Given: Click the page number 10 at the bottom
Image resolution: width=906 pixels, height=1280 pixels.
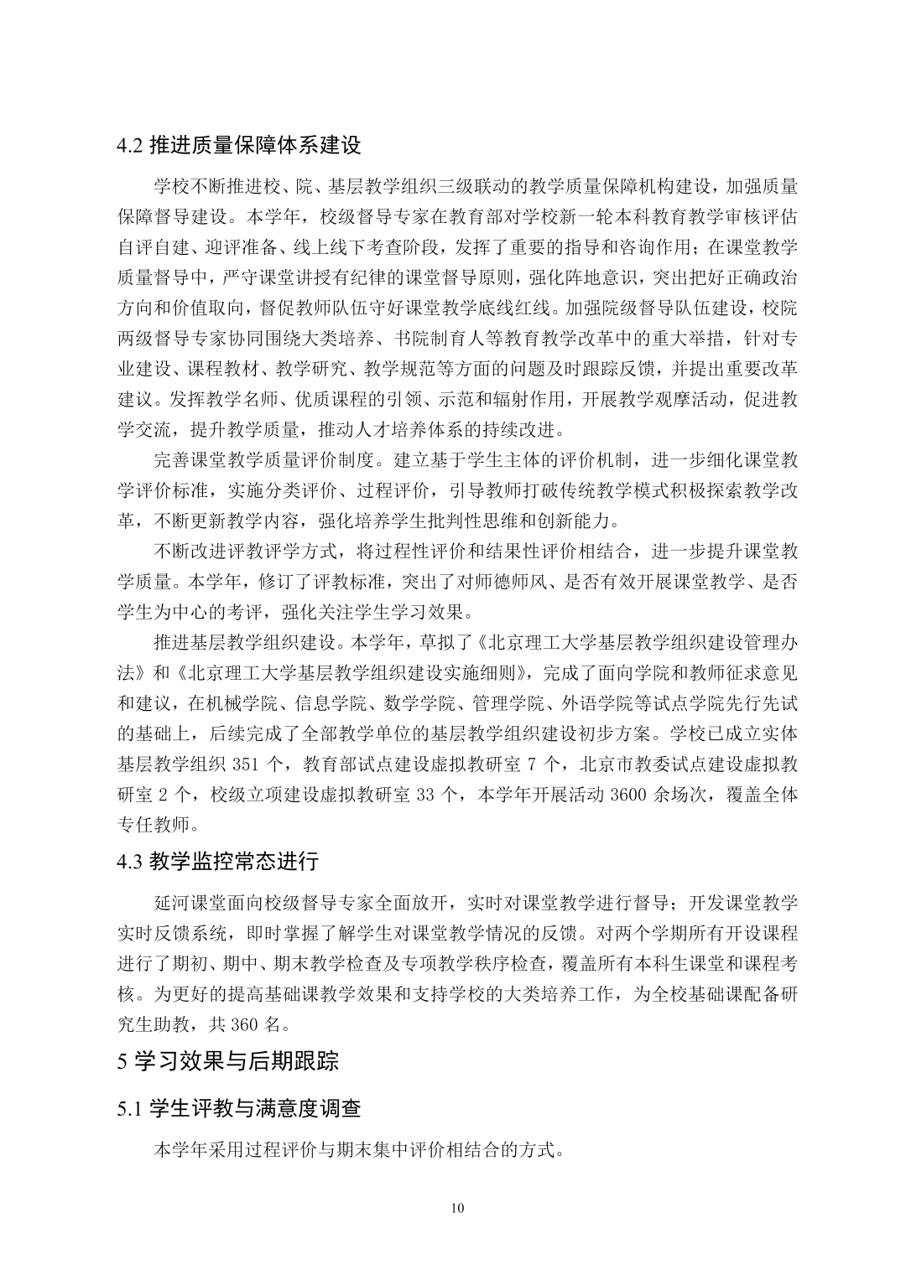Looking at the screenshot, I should [456, 1208].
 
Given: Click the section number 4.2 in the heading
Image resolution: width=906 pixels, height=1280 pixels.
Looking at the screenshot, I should [130, 146].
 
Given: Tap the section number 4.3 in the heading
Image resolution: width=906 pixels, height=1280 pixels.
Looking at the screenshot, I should [130, 861].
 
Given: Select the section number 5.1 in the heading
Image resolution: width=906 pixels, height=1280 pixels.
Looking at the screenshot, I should [130, 1109].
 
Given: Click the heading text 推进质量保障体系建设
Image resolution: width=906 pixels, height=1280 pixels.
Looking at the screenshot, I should [255, 146].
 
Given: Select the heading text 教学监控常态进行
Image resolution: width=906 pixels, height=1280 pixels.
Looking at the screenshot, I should [234, 861].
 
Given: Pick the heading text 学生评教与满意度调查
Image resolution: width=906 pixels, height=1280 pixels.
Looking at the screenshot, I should [255, 1109].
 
